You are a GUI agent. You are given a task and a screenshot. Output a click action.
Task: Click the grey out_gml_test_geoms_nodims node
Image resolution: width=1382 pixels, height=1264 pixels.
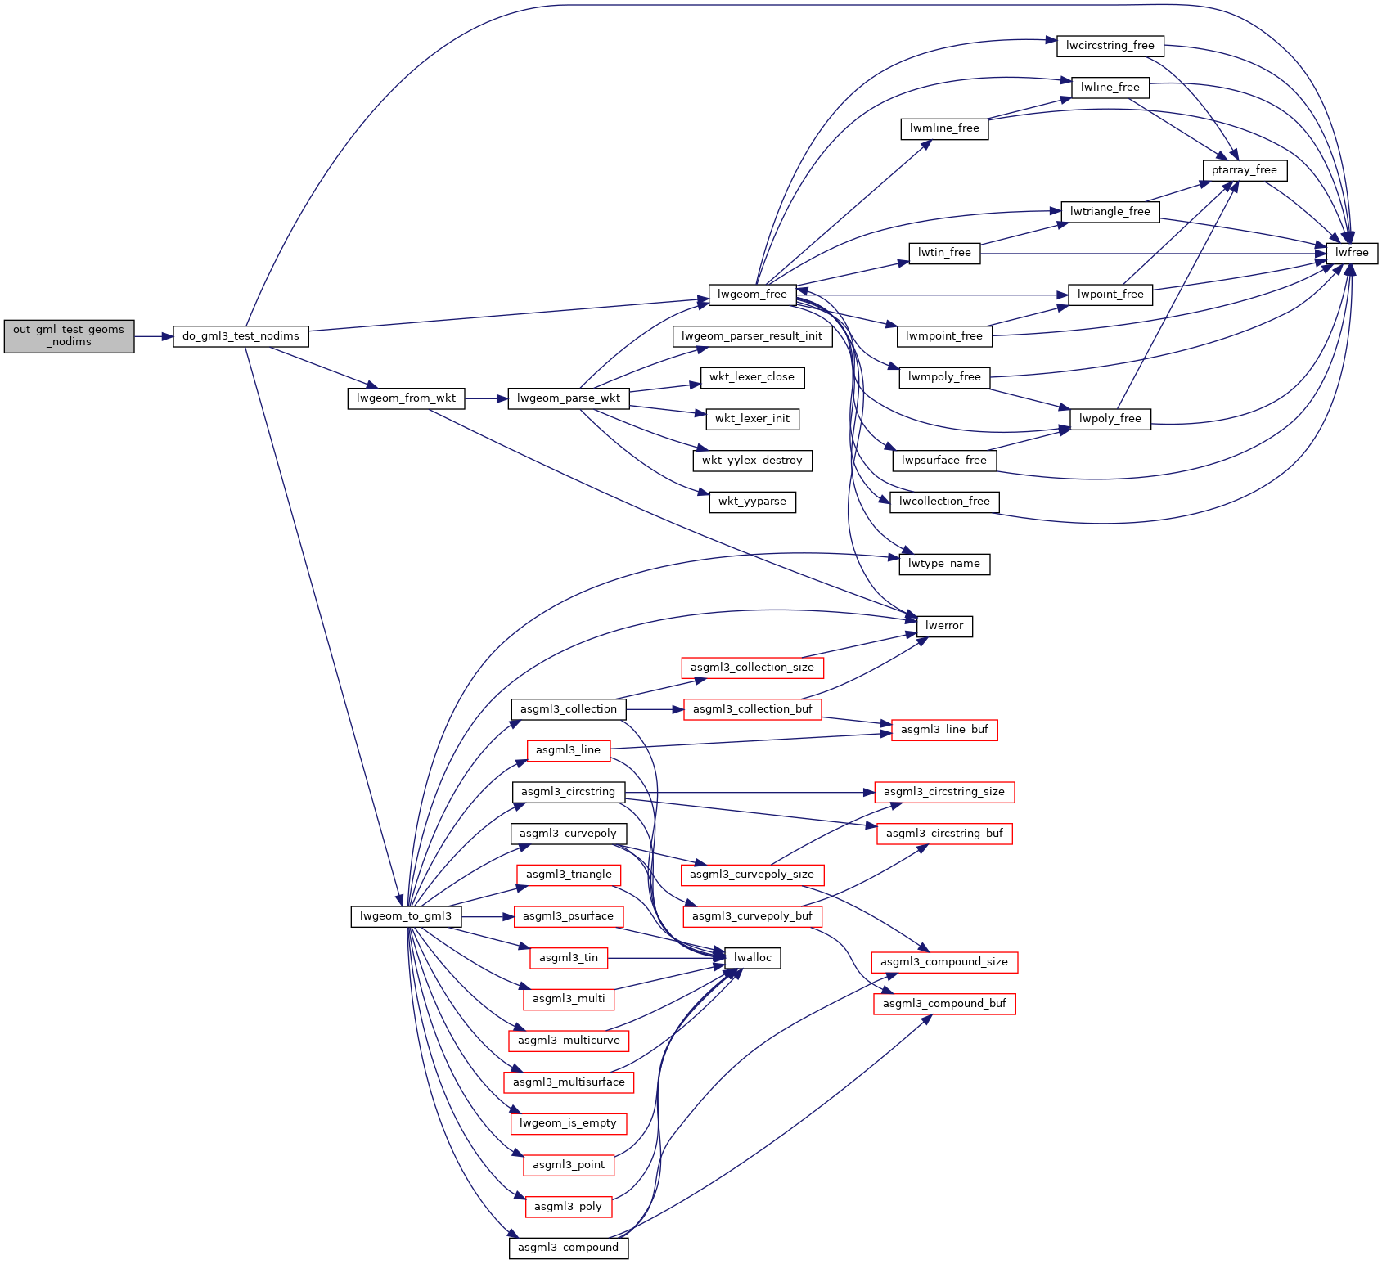[x=69, y=336]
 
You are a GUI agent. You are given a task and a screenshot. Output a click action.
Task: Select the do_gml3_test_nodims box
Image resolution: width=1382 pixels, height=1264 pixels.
[x=241, y=336]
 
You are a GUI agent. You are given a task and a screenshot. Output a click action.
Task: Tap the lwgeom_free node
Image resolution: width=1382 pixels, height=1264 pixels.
[x=752, y=295]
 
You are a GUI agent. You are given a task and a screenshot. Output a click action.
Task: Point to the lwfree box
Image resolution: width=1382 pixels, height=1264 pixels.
[x=1352, y=253]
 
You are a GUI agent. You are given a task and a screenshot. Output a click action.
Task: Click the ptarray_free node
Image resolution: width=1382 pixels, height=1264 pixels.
[x=1244, y=170]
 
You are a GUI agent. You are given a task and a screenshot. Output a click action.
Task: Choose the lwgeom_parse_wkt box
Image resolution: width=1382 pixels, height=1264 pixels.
[x=569, y=398]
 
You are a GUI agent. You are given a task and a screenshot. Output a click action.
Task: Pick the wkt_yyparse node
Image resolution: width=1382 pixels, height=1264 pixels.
[x=752, y=502]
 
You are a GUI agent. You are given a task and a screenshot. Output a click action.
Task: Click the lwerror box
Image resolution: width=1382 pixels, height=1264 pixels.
[x=944, y=626]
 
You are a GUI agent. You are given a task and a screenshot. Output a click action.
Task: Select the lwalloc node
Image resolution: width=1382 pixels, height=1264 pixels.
[x=752, y=958]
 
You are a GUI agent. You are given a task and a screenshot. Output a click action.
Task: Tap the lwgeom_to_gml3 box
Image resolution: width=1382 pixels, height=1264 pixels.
[x=406, y=916]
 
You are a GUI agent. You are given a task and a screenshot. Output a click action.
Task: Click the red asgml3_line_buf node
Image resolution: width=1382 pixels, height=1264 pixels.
[x=944, y=730]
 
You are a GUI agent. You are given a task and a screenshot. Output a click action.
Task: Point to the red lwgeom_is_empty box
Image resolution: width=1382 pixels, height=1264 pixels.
[x=568, y=1123]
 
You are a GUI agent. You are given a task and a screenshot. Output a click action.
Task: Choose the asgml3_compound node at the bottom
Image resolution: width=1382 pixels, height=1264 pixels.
[x=568, y=1248]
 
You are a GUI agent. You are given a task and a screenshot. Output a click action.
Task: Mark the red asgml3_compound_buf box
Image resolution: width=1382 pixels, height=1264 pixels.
[x=944, y=1004]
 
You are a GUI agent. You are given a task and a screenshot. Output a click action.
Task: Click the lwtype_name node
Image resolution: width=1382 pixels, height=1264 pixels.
[x=944, y=564]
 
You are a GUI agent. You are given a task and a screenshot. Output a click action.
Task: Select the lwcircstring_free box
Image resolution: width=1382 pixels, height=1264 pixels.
[x=1110, y=46]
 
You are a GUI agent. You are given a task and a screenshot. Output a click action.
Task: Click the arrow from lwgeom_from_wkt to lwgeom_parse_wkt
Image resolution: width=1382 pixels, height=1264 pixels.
[x=486, y=398]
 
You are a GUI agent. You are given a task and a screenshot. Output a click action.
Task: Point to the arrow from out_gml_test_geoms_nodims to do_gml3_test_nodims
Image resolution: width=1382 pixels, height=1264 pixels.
[x=153, y=336]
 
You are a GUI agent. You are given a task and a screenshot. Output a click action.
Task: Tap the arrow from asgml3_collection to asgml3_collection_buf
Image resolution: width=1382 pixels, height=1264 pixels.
[x=655, y=709]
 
